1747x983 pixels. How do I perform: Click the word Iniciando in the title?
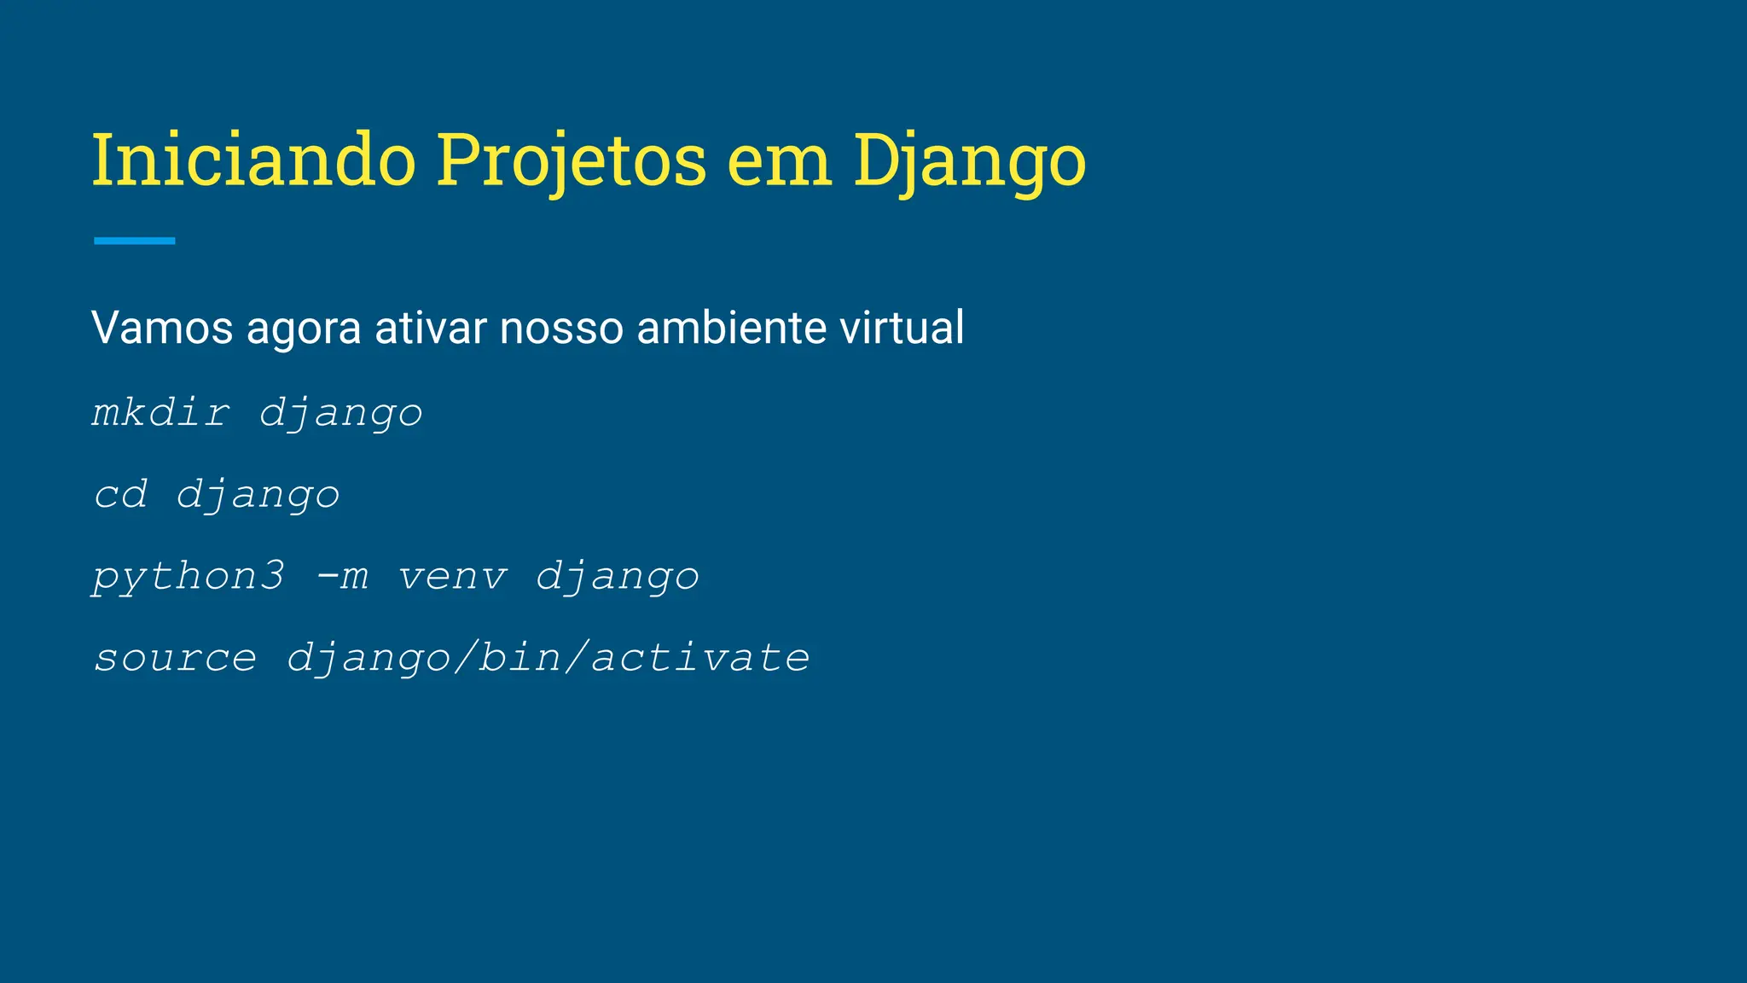coord(253,160)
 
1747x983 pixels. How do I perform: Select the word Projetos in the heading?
coord(572,160)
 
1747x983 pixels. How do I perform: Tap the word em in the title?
coord(779,160)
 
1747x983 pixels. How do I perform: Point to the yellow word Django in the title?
coord(970,160)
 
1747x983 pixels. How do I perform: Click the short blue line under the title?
coord(135,241)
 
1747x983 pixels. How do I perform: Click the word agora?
coord(304,328)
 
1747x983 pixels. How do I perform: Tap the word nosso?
coord(561,328)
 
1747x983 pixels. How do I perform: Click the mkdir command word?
coord(160,413)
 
